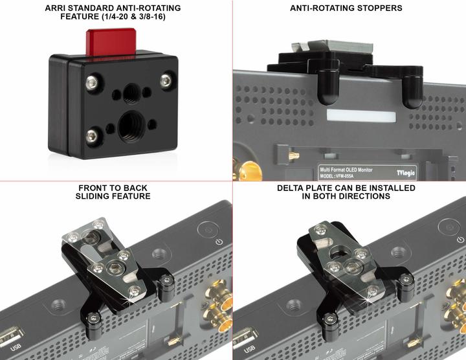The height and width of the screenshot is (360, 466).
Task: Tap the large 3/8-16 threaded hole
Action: (133, 121)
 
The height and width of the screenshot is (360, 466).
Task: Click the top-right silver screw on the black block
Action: (166, 80)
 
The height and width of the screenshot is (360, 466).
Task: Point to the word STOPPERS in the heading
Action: (375, 8)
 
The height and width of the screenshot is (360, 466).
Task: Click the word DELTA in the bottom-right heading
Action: (294, 188)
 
